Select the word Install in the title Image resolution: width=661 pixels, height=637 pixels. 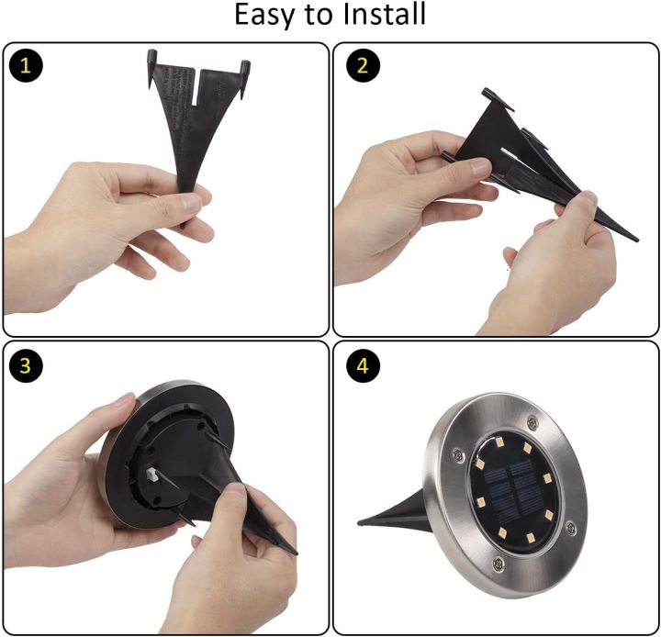(384, 14)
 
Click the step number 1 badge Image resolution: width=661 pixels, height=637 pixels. (26, 65)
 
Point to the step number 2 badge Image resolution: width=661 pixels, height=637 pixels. (363, 65)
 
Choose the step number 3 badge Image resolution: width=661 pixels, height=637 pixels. (26, 365)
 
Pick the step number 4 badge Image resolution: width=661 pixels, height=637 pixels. (363, 365)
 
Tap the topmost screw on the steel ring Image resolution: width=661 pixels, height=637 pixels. (532, 421)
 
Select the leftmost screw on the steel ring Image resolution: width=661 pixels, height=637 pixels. (458, 454)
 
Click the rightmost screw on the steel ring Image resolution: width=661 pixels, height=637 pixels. (571, 528)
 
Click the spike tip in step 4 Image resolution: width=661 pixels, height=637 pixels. (359, 523)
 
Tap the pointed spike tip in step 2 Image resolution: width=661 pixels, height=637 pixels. (636, 240)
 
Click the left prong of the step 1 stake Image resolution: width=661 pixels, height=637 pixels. (151, 69)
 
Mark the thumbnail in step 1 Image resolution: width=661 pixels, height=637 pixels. (192, 204)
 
